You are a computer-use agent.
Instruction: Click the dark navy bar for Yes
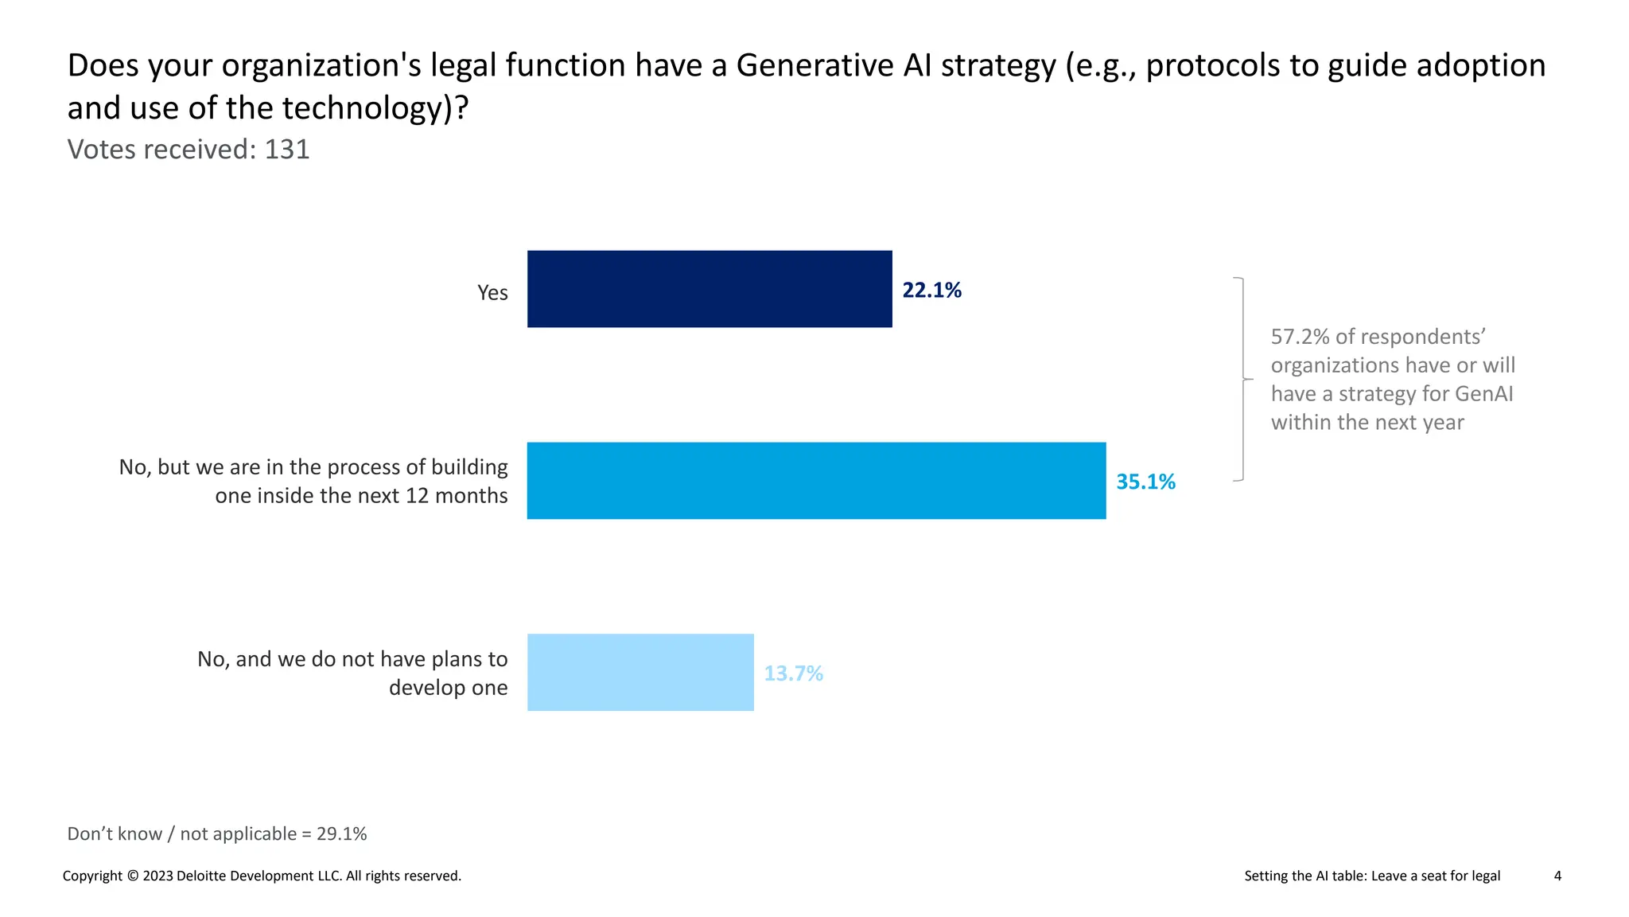coord(710,289)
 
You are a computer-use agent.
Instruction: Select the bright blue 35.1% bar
coord(816,481)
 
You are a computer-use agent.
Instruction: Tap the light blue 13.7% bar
coord(640,673)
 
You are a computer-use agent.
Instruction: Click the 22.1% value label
coord(931,291)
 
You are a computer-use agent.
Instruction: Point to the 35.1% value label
coord(1145,482)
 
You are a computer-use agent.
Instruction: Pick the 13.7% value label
coord(793,674)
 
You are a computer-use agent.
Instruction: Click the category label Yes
coord(492,293)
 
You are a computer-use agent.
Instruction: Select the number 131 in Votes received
coord(287,150)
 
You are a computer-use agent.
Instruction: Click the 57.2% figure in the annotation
coord(1300,337)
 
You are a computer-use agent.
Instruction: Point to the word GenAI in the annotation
coord(1484,394)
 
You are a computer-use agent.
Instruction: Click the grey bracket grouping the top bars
coord(1242,380)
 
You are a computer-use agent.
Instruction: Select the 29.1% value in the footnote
coord(342,834)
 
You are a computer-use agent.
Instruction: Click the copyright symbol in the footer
coord(133,876)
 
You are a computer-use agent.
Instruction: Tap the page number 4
coord(1557,876)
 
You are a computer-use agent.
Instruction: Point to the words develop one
coord(448,688)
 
